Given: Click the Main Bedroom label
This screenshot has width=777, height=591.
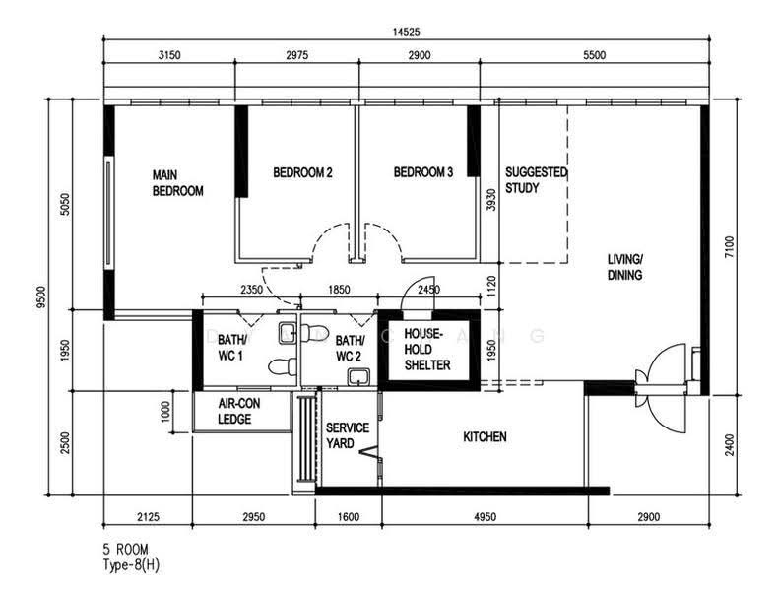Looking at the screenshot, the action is click(178, 183).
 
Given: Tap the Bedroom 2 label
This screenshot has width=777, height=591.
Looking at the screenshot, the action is click(302, 172).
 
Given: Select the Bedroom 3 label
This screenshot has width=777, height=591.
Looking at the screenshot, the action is click(423, 172).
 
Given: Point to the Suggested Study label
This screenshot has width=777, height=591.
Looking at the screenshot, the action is click(536, 180).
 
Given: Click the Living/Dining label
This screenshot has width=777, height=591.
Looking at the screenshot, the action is click(625, 267).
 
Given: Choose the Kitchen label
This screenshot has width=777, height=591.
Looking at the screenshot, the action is click(485, 436).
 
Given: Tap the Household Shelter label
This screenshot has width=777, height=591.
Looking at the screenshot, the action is click(427, 350).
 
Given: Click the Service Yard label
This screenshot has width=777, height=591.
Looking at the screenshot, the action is click(348, 435).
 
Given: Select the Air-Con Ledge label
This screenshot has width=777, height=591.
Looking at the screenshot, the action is click(239, 411).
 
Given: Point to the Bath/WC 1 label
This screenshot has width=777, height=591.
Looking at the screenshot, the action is click(231, 348).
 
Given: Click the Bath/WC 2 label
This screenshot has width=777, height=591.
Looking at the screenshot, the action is click(350, 348).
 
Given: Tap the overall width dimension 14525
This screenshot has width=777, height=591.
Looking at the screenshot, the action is click(407, 33).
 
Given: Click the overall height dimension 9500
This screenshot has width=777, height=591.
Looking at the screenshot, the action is click(41, 296).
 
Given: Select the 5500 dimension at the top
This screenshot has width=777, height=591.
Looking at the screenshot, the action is click(594, 55).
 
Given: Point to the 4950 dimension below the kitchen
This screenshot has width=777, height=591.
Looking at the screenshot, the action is click(485, 517).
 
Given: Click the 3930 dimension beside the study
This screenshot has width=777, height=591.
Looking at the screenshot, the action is click(491, 200).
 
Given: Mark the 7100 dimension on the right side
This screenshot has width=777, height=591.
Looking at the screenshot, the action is click(730, 247).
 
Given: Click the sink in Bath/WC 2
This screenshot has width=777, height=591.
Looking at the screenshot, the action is click(358, 377).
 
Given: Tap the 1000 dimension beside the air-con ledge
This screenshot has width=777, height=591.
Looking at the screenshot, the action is click(165, 411).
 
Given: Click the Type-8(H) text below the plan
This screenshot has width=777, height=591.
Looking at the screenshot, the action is click(131, 565).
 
